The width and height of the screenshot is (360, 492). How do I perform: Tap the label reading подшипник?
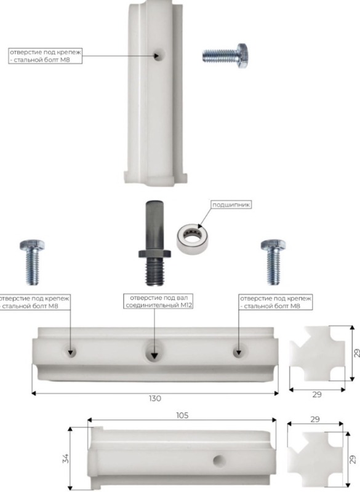coord(231,205)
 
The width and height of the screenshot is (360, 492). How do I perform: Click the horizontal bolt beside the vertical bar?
coord(225,55)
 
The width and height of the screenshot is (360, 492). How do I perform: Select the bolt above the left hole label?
coord(32,262)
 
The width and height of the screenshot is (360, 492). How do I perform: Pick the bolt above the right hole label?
coord(273,262)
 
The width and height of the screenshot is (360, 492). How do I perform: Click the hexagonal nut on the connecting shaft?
coord(154,253)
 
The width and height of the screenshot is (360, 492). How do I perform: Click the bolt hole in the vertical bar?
coord(158,56)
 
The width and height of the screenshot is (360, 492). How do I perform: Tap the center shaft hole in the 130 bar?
coord(153,352)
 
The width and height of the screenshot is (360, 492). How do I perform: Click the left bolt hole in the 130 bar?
coord(70,352)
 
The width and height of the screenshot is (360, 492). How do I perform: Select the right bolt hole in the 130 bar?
coord(238,352)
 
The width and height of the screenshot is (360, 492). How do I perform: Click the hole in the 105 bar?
coord(220,461)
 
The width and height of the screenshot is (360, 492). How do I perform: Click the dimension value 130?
coord(155,399)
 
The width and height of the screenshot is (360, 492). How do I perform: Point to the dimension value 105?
coord(182,416)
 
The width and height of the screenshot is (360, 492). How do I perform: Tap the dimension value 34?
coord(66,458)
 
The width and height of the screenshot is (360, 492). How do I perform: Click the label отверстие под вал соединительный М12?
coord(159,301)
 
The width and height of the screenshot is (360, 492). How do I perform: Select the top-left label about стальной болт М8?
coord(45,56)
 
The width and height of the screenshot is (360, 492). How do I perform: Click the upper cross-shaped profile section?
coord(318,354)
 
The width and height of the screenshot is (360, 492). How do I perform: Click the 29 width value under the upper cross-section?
coord(317,394)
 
